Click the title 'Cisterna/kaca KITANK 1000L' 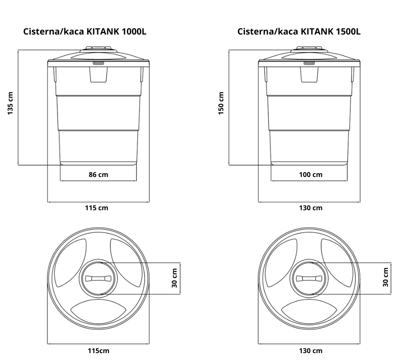[x=85, y=32]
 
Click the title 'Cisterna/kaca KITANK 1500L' [x=299, y=32]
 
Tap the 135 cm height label [x=10, y=103]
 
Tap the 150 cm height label [x=221, y=103]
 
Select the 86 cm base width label [x=98, y=175]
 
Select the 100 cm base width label [x=311, y=175]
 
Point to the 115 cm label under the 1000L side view [x=97, y=208]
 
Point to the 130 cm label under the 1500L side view [x=311, y=208]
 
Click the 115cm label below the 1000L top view [x=98, y=351]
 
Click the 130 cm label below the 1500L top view [x=311, y=351]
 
